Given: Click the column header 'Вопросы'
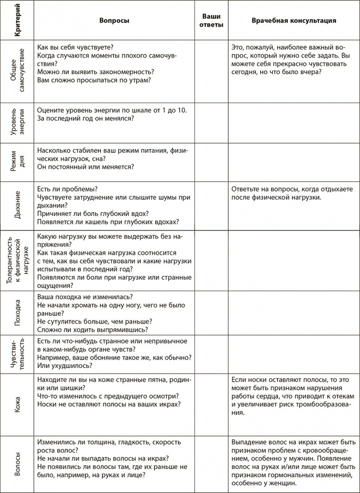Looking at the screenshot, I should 114,21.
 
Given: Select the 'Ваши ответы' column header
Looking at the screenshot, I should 211,21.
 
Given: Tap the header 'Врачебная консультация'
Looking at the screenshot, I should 294,21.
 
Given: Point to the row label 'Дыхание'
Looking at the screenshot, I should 17,205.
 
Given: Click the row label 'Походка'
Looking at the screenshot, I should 17,313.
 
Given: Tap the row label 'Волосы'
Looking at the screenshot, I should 17,463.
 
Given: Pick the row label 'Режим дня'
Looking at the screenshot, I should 17,162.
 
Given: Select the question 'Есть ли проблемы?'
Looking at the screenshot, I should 68,189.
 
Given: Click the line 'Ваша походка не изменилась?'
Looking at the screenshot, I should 84,297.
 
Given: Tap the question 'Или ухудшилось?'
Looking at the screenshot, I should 64,366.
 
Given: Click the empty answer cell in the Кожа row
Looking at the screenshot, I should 211,405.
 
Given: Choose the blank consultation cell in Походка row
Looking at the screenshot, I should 294,313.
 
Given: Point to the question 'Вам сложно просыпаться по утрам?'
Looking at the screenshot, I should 94,80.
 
